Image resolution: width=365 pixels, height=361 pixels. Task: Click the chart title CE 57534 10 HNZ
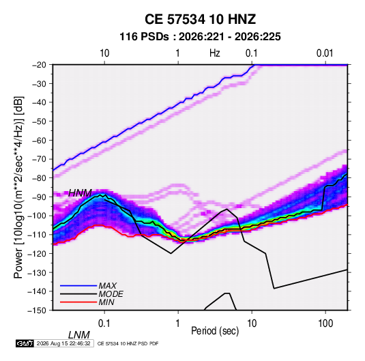[200, 19]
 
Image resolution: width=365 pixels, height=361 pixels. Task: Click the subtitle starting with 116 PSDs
[200, 37]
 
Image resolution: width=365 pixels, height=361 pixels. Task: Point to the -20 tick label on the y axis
[39, 65]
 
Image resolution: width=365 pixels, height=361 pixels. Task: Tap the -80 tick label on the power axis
[39, 178]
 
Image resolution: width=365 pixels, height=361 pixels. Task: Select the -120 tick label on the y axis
[37, 253]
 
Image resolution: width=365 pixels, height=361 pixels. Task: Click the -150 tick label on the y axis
[37, 311]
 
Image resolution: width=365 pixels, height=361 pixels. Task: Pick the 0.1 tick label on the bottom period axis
[104, 323]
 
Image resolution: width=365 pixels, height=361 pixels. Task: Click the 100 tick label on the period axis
[325, 323]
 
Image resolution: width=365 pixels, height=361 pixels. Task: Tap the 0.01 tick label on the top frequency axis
[325, 53]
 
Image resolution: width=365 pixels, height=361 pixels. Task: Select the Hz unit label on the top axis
[215, 53]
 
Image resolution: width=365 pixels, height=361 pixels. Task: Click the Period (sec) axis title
[215, 331]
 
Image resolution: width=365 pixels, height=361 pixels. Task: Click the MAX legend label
[107, 285]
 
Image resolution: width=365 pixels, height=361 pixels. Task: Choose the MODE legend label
[111, 294]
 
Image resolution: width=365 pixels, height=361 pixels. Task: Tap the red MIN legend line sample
[78, 302]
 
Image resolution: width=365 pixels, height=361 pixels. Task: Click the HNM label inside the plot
[80, 193]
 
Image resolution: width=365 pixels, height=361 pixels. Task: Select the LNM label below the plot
[79, 335]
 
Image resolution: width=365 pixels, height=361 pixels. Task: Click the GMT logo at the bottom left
[25, 343]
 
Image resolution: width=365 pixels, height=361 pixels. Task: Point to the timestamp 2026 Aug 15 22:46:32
[63, 343]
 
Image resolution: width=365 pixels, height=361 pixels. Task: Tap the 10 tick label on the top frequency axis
[104, 53]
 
